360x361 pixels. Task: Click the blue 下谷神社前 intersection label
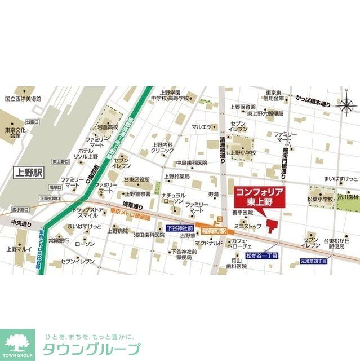click(181, 230)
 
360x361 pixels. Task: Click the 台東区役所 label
click(137, 179)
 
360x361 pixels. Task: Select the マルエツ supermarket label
click(201, 127)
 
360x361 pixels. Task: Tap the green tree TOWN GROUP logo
click(17, 344)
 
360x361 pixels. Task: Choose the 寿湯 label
click(213, 194)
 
